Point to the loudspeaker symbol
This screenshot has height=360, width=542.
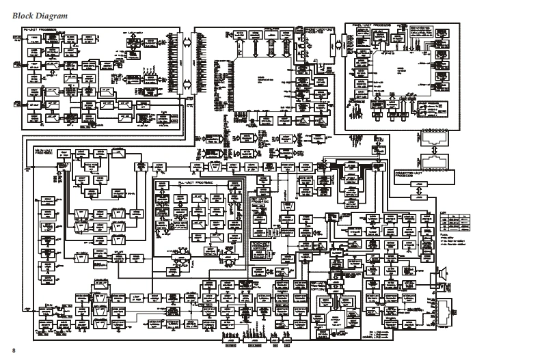tap(442, 275)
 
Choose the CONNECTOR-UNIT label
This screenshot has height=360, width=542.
tap(413, 175)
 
